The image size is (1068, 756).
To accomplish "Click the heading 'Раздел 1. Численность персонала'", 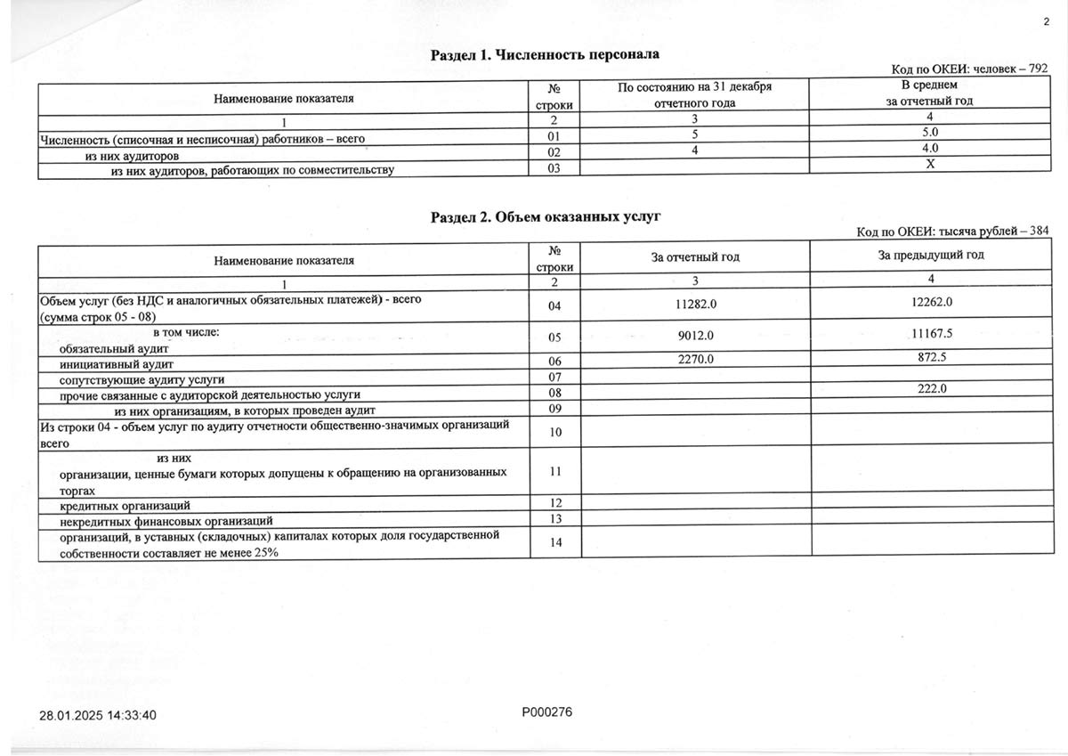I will [x=545, y=55].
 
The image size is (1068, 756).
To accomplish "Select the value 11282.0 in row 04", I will [x=696, y=304].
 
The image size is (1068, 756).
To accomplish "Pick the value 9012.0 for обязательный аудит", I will [x=696, y=336].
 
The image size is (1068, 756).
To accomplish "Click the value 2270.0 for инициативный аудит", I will [x=696, y=359].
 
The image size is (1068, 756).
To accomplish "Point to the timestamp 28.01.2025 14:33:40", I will [x=98, y=715].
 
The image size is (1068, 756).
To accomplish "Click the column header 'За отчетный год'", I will [x=695, y=257].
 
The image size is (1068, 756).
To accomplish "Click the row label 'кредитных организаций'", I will [x=125, y=505].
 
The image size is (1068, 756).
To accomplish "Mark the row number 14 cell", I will [x=555, y=543].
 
